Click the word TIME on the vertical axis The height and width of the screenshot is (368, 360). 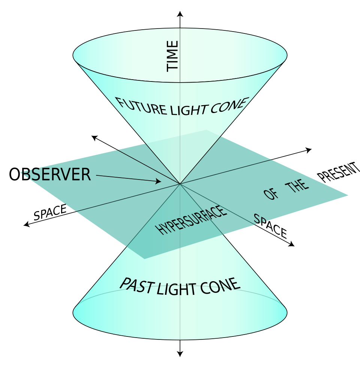pyautogui.click(x=172, y=56)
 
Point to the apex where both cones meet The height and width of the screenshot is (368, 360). pyautogui.click(x=180, y=184)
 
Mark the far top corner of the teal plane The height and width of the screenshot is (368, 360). pyautogui.click(x=206, y=130)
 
